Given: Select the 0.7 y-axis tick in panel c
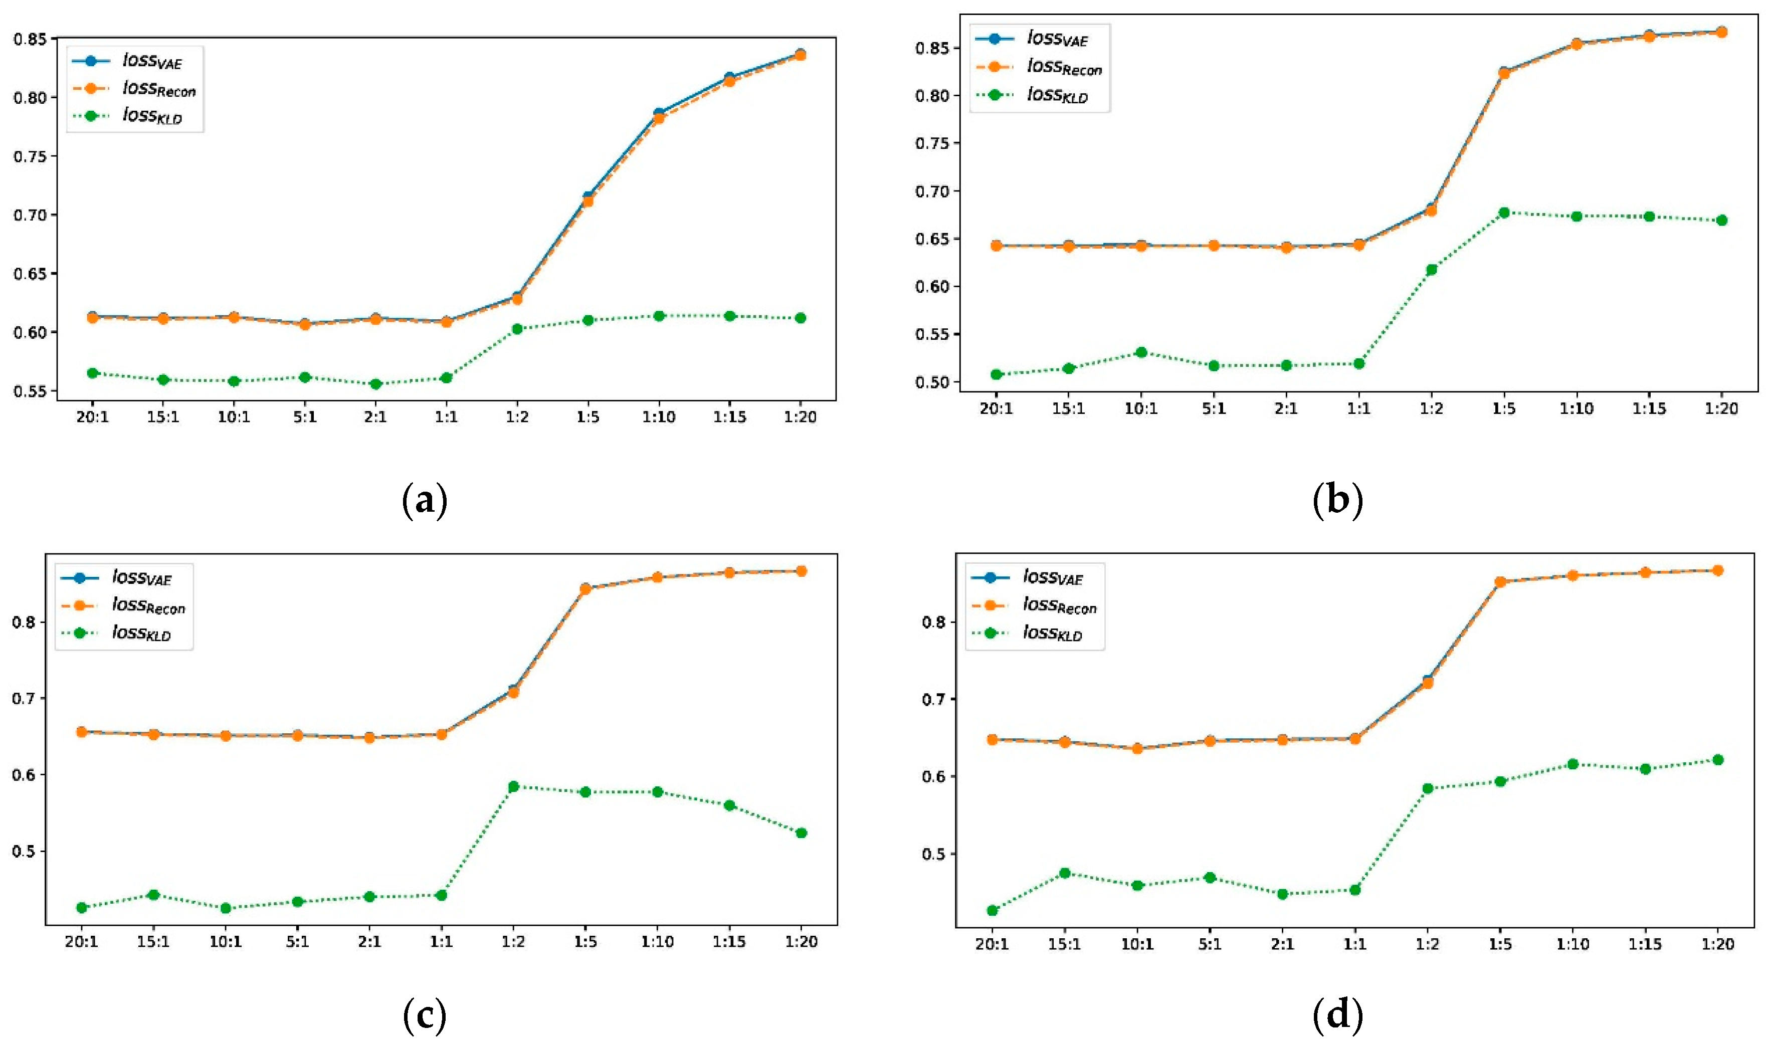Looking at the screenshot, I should coord(24,699).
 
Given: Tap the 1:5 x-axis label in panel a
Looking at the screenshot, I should coord(587,417).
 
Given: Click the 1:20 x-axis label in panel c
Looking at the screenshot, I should coord(801,942).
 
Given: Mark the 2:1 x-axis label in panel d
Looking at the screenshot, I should coord(1282,944).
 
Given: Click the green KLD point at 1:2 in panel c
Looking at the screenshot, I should coord(513,786).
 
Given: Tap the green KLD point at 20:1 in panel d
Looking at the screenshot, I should coord(992,911).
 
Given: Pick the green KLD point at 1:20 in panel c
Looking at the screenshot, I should coord(801,833).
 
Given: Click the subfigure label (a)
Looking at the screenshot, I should coord(424,501).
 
